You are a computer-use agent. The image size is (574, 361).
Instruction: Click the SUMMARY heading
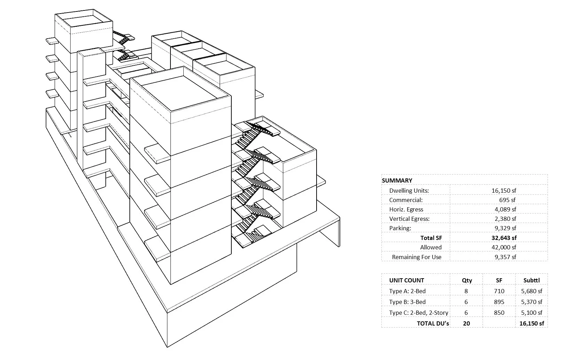click(x=397, y=180)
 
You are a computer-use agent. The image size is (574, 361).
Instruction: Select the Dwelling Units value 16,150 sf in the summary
click(x=504, y=191)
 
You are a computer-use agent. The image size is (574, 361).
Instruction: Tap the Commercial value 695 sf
click(x=507, y=200)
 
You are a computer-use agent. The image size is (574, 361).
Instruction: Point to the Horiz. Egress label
click(x=406, y=209)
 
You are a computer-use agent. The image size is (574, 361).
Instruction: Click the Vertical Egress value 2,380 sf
click(x=505, y=218)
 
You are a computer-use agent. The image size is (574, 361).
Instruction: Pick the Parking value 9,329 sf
click(x=505, y=228)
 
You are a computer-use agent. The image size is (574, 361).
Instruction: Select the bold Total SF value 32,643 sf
click(x=504, y=238)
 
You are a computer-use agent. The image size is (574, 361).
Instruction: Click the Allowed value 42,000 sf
click(x=504, y=247)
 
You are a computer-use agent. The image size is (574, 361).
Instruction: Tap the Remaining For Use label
click(x=417, y=257)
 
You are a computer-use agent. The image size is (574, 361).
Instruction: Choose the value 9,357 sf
click(x=505, y=257)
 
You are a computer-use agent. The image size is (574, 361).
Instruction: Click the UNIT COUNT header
click(x=407, y=280)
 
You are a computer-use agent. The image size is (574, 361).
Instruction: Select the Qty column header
click(x=467, y=281)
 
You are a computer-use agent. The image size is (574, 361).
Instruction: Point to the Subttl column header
click(x=532, y=280)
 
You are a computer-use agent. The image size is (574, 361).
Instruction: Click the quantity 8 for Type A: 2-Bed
click(x=466, y=291)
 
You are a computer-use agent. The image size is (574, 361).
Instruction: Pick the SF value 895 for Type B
click(x=499, y=302)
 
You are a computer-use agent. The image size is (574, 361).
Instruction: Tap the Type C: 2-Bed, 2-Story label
click(x=419, y=313)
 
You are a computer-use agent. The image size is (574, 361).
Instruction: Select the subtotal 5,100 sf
click(x=532, y=313)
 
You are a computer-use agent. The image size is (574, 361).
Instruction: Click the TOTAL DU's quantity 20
click(x=467, y=323)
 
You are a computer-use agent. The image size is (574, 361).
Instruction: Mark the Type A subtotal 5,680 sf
click(x=532, y=291)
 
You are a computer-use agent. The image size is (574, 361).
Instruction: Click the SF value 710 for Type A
click(x=499, y=291)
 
